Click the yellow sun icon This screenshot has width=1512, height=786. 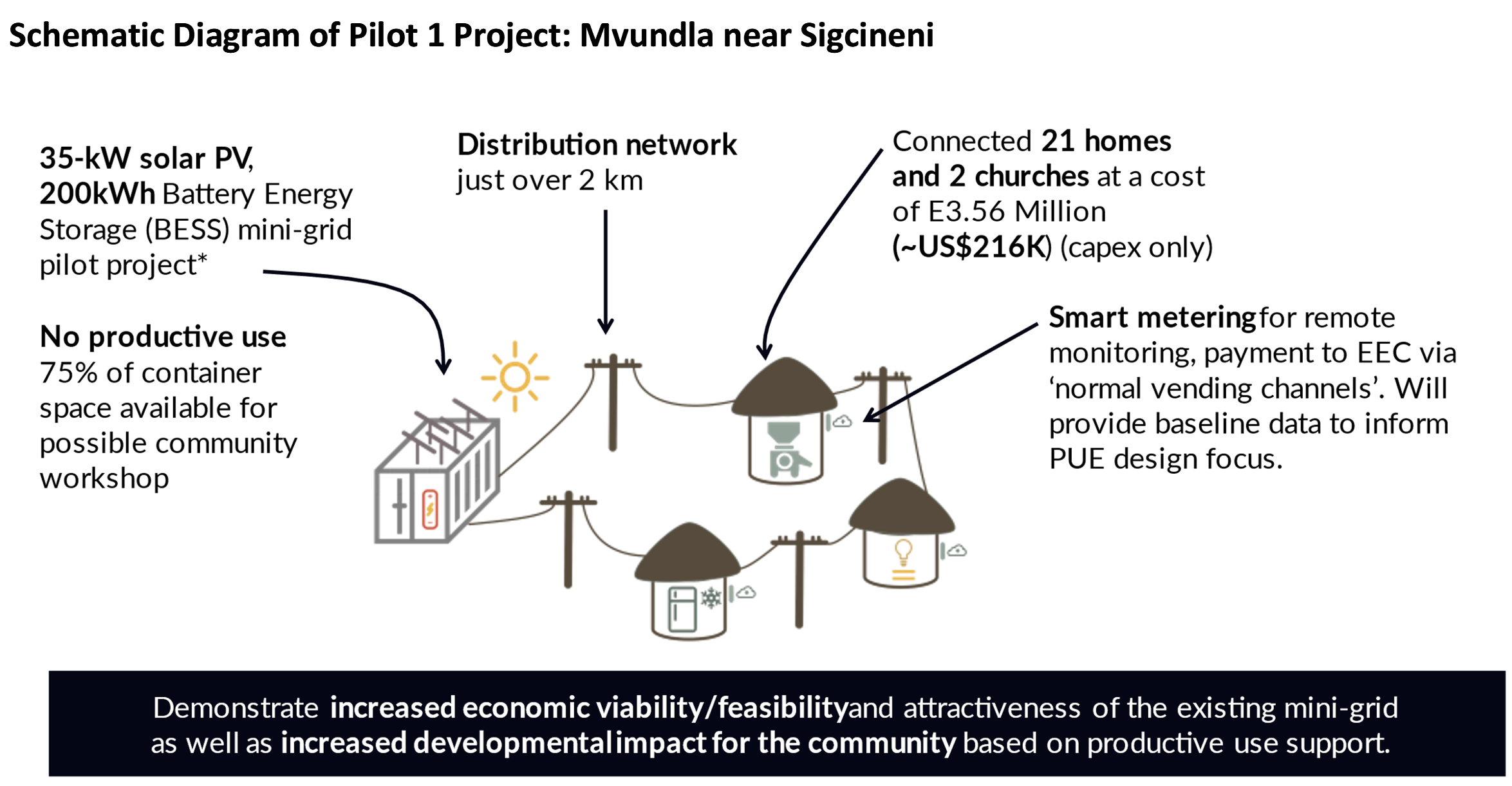point(514,377)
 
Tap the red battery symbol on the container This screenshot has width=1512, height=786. point(430,509)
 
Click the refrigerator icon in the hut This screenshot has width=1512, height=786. point(682,608)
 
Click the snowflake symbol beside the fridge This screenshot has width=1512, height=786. point(711,598)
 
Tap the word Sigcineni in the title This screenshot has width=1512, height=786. point(866,35)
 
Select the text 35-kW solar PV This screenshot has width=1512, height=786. point(146,158)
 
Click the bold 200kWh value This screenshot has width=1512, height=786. point(97,194)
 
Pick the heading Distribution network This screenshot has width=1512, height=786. point(596,145)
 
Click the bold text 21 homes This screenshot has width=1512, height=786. point(1106,141)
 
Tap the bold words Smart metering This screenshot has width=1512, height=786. point(1152,317)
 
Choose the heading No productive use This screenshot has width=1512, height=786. point(163,337)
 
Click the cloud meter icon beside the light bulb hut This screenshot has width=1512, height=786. point(957,550)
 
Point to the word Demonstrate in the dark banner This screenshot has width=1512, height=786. point(236,708)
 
